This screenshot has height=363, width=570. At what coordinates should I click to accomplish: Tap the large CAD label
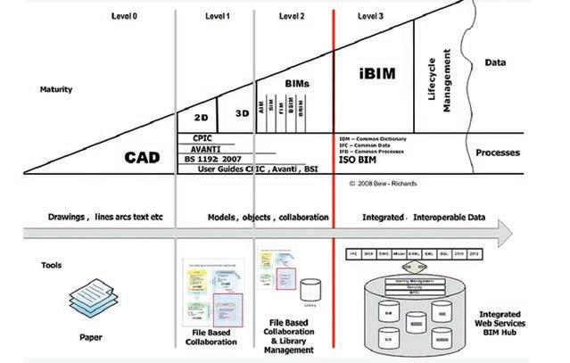[143, 158]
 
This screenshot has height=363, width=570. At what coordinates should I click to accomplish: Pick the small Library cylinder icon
[310, 291]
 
